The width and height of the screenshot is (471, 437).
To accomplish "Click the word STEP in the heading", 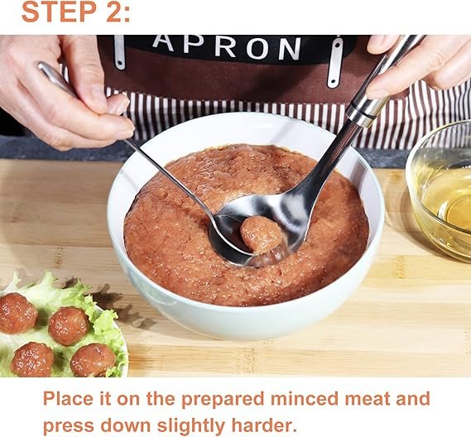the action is pos(59,12).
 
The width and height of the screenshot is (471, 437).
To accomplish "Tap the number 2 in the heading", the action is pos(113,12).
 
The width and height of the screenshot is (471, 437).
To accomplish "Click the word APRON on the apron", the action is pos(227,46).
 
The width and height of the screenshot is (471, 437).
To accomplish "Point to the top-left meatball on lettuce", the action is pos(17,313).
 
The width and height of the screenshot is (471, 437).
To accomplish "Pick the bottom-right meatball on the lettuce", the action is pos(94,360).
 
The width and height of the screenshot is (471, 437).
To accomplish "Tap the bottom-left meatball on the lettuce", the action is pos(32,359).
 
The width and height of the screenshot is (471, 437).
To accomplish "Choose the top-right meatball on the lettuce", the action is pos(69,326).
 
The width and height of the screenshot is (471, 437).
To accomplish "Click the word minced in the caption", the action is pos(305,399).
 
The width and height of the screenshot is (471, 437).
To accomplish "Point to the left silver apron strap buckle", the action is pos(119,52).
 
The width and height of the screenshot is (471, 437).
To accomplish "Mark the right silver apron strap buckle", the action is pos(334,62).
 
